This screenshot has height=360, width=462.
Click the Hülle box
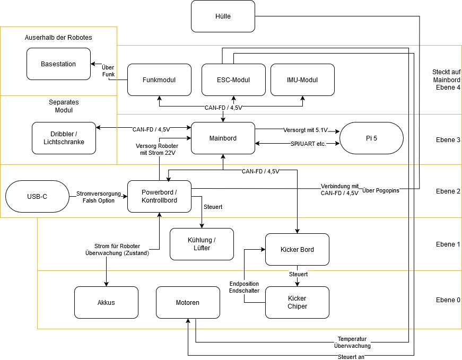[223, 16]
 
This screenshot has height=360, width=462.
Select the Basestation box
[58, 64]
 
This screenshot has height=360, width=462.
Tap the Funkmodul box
[159, 80]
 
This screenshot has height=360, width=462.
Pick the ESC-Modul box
[233, 80]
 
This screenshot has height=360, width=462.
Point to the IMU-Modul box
[302, 80]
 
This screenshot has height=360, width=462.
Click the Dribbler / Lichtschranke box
[64, 138]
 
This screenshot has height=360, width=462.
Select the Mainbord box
[223, 138]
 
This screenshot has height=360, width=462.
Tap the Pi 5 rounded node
[371, 138]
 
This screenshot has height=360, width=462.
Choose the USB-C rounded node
[37, 197]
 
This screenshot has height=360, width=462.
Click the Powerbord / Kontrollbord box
[159, 197]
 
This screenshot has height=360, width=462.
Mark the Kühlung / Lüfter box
[202, 244]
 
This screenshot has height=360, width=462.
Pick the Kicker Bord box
[297, 250]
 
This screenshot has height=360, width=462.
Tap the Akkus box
[106, 303]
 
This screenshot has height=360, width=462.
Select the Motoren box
[188, 303]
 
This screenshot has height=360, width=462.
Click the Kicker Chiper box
[297, 303]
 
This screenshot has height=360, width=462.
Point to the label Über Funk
[108, 71]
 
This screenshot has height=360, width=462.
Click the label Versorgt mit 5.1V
[306, 130]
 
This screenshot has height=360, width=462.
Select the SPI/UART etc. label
[308, 144]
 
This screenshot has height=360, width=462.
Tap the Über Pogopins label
[380, 190]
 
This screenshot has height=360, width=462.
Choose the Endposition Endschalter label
[244, 287]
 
